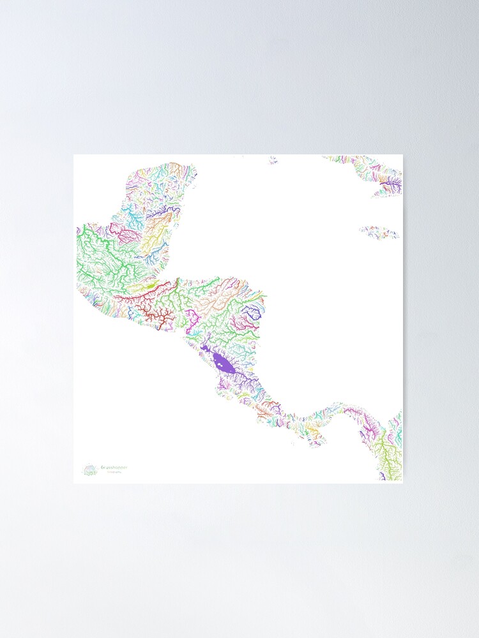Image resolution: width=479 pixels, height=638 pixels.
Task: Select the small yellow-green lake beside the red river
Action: [149, 286]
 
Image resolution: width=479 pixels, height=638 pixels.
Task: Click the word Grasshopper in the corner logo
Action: [114, 467]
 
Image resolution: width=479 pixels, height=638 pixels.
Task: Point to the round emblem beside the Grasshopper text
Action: [89, 470]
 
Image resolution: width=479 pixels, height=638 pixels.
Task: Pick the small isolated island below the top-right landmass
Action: [379, 231]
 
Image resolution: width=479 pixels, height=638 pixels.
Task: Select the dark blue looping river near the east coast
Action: [252, 312]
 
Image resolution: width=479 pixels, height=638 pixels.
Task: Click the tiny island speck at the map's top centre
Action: [273, 160]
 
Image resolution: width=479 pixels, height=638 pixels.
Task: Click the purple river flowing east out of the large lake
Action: [246, 378]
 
